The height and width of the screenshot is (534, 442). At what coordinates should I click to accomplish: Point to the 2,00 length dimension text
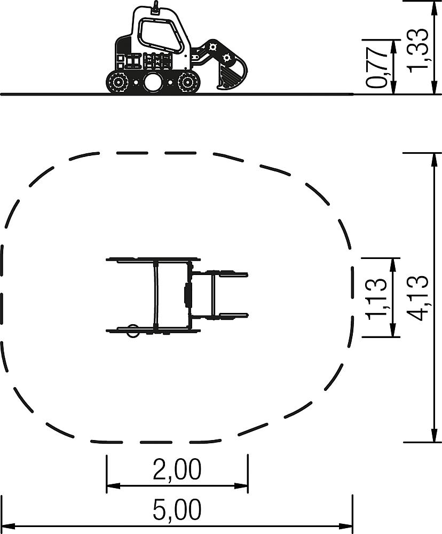tap(177, 469)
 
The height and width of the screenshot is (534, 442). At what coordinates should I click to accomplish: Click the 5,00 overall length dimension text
tap(177, 510)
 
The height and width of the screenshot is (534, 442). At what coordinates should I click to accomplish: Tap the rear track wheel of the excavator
tap(118, 82)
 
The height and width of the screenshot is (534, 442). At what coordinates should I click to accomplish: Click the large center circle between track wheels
tap(152, 82)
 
